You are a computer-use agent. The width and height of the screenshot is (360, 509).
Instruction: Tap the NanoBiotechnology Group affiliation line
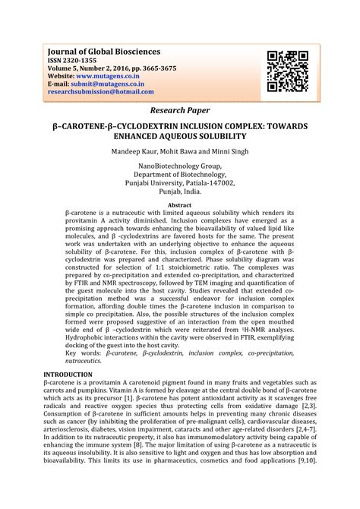[x=180, y=166]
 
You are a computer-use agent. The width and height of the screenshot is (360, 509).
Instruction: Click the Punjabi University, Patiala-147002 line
[x=180, y=183]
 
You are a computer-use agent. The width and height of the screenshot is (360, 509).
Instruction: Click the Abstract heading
[x=179, y=205]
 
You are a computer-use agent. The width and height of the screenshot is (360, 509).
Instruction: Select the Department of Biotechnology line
[x=180, y=174]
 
